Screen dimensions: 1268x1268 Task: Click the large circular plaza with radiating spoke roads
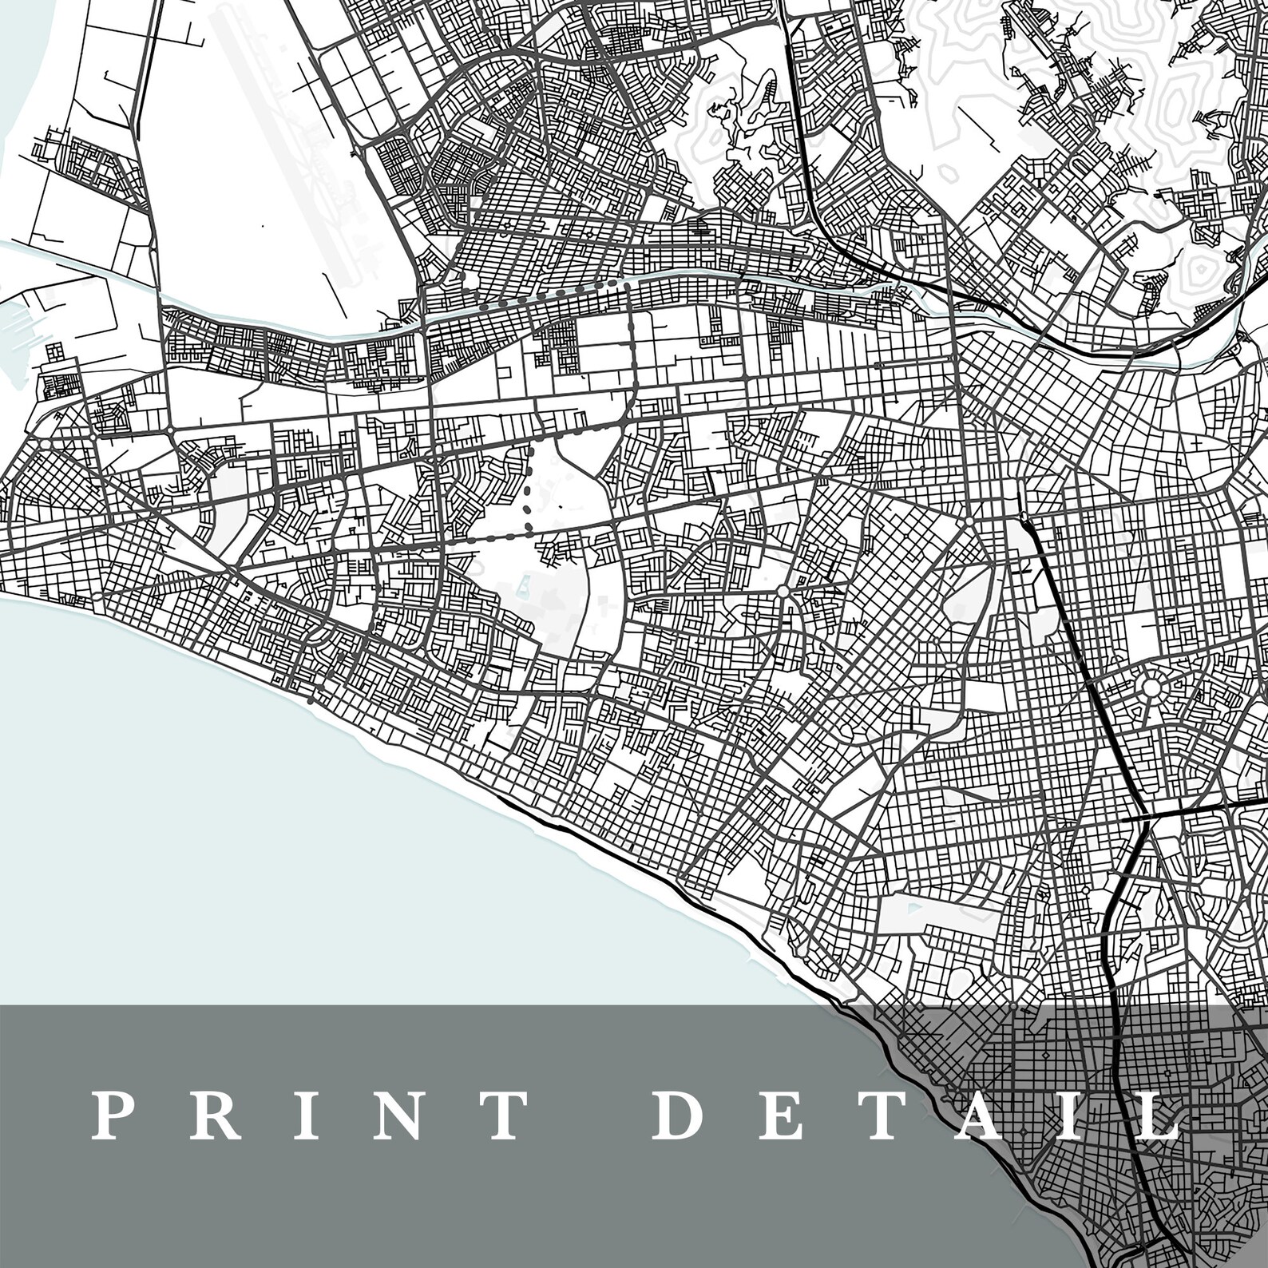point(1151,686)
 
